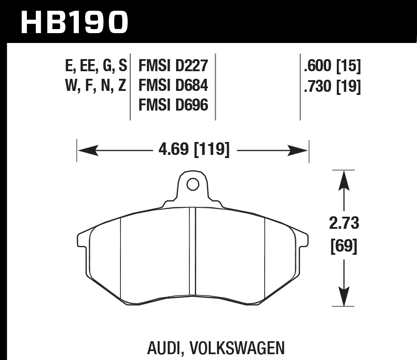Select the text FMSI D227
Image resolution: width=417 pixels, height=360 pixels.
(174, 66)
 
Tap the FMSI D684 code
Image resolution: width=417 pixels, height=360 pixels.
(174, 86)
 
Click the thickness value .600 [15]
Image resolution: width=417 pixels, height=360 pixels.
(332, 67)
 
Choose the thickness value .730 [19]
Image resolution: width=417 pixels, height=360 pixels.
(332, 86)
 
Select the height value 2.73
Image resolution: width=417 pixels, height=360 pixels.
(344, 223)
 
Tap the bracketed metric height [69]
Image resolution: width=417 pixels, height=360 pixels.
(344, 247)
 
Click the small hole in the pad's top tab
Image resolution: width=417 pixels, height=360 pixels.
(193, 184)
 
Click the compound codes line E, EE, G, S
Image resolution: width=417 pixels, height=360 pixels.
(96, 67)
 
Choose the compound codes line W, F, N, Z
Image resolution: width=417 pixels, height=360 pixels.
(96, 86)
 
